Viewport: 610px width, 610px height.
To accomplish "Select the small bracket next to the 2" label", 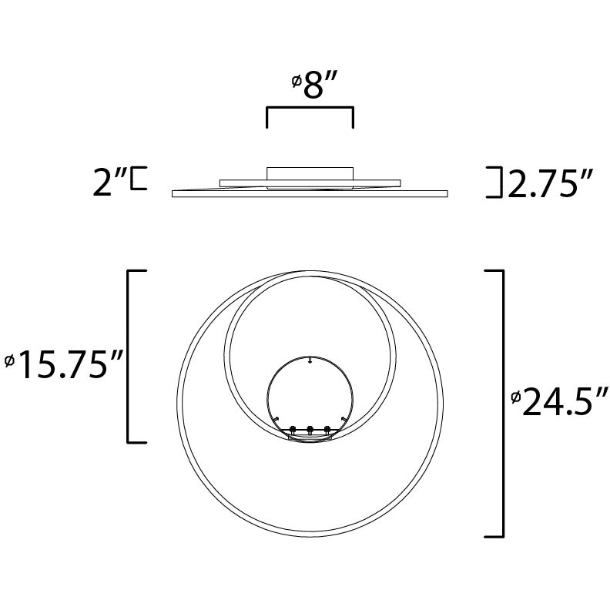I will point(138,178).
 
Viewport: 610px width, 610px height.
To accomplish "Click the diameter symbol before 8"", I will point(296,80).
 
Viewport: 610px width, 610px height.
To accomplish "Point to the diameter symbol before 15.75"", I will point(8,360).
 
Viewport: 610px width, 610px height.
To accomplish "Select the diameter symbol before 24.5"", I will point(515,397).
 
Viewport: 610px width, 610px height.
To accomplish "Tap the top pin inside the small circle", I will point(309,360).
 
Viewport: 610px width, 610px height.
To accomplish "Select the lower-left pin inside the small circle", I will point(275,417).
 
